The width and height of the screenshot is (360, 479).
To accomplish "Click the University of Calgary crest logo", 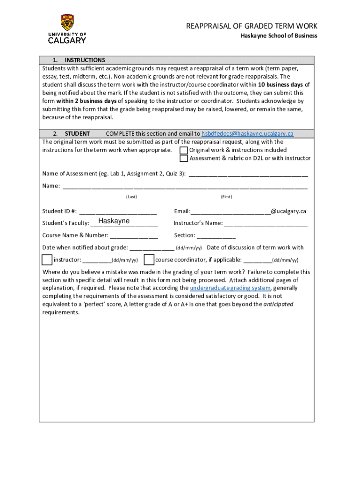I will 67,23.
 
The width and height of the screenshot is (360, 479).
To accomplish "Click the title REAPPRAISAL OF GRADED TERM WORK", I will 252,26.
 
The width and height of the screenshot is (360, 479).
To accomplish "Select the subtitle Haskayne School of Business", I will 279,36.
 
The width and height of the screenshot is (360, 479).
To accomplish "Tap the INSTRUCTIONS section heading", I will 85,60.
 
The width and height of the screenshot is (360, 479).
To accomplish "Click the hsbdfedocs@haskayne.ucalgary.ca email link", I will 247,133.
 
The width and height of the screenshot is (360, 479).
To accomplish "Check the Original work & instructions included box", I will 184,150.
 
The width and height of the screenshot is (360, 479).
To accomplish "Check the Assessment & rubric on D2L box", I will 184,158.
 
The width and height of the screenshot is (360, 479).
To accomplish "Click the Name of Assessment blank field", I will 248,174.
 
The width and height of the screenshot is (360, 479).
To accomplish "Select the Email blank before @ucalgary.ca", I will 230,211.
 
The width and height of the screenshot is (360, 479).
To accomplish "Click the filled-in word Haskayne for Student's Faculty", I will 114,221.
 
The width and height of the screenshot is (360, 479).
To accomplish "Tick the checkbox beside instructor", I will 47,260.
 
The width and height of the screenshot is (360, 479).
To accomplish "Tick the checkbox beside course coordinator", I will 149,260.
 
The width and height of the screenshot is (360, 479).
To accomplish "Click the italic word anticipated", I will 279,304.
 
